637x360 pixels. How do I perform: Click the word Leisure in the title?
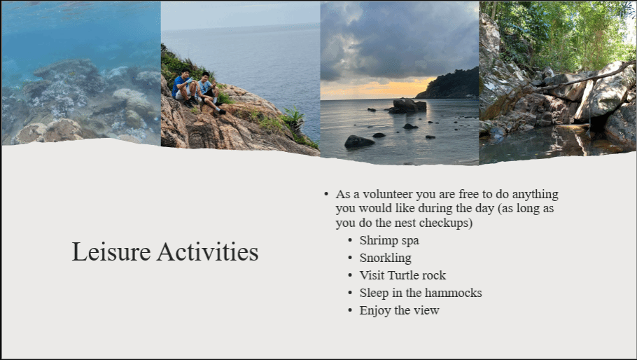click(111, 252)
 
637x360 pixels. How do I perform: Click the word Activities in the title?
click(208, 252)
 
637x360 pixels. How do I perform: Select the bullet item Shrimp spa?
click(388, 240)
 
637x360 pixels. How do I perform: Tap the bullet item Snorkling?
click(385, 258)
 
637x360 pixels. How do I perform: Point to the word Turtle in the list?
click(402, 275)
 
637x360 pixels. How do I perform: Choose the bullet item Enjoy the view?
click(399, 310)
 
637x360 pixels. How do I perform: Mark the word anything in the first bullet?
click(535, 195)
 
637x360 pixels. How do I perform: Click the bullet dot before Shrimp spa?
click(350, 240)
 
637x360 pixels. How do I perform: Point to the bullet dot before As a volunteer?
click(326, 194)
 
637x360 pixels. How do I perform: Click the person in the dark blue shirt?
click(184, 88)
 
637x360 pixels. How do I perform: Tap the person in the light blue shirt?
click(209, 92)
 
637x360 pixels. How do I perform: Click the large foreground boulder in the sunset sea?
click(358, 141)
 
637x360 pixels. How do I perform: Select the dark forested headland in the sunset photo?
click(451, 85)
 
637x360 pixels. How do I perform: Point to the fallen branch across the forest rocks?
click(582, 80)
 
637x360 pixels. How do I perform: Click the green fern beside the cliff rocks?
click(293, 118)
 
